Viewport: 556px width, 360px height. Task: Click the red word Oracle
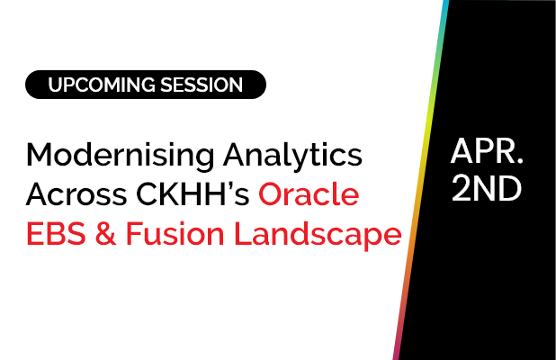tap(309, 195)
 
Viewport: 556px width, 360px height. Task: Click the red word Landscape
tap(314, 235)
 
